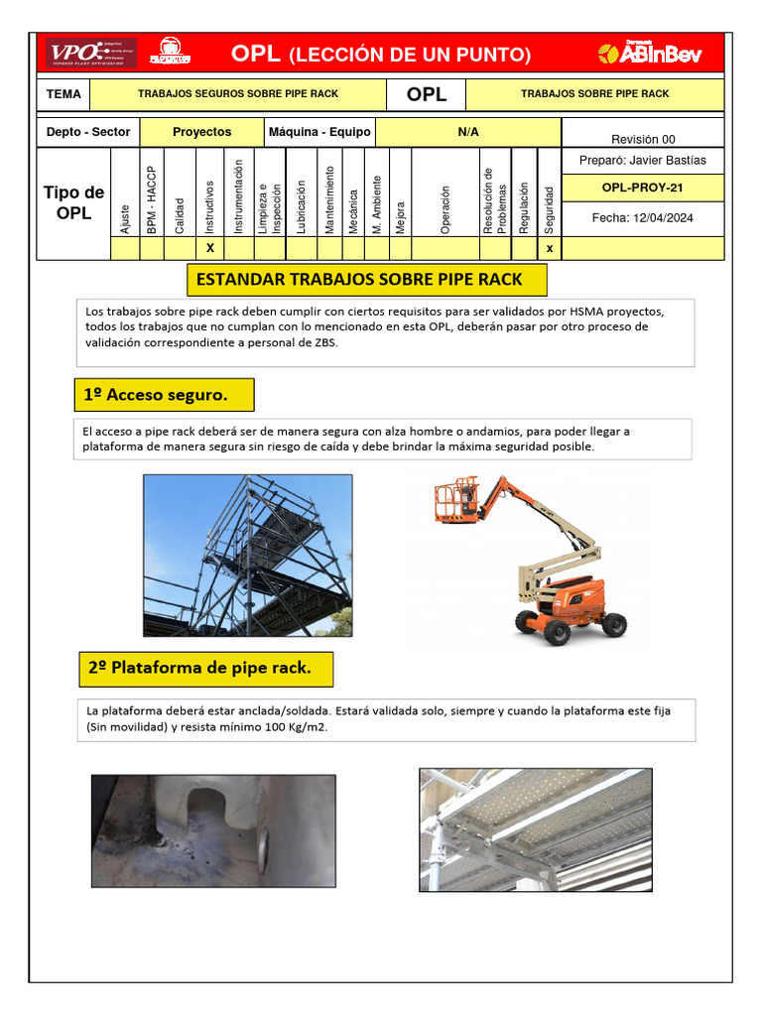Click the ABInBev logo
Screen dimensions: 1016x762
click(x=650, y=54)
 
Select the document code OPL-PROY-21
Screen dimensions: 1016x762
click(x=642, y=187)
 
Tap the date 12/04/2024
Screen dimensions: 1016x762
click(x=642, y=218)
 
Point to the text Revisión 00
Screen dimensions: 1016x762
click(x=642, y=139)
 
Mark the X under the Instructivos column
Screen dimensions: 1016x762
click(x=209, y=249)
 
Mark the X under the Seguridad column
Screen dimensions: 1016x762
click(x=550, y=249)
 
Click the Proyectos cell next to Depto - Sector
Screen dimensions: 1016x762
click(x=201, y=132)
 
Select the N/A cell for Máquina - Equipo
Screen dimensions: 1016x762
click(x=467, y=132)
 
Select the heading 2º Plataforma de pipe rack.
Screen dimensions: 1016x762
click(x=204, y=669)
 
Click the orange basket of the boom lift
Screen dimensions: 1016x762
click(x=455, y=501)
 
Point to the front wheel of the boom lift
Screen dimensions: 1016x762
click(x=555, y=631)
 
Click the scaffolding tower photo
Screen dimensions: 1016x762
click(x=247, y=555)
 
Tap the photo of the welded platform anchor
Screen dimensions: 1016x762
click(x=213, y=830)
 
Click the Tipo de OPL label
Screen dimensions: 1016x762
click(x=73, y=203)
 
